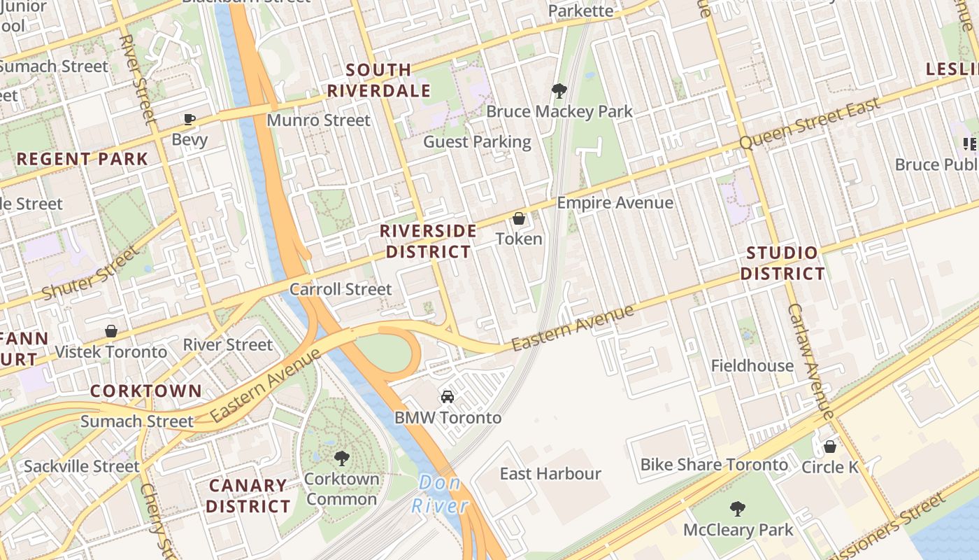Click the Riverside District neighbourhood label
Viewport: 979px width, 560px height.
[x=428, y=241]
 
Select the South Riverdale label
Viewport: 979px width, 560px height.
[x=378, y=80]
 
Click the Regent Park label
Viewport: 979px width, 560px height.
[x=83, y=159]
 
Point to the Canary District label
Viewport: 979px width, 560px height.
[x=248, y=495]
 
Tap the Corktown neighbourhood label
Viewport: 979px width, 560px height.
[x=146, y=391]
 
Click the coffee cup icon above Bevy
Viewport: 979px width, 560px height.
[x=190, y=119]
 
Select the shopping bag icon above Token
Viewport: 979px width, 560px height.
[x=519, y=219]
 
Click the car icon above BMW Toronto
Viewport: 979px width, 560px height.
[x=448, y=397]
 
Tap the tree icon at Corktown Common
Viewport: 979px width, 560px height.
[x=342, y=458]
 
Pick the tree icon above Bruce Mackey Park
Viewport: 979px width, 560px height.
[x=559, y=90]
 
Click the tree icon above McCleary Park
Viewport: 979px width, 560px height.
[x=737, y=509]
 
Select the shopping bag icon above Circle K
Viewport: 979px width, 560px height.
[x=830, y=446]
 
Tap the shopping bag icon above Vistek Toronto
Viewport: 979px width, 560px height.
[x=111, y=330]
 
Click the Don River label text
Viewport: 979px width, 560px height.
[x=439, y=493]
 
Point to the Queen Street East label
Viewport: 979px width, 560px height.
[x=809, y=124]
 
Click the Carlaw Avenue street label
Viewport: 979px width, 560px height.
[x=811, y=360]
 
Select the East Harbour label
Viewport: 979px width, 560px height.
[x=550, y=474]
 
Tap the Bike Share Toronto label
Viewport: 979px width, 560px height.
[x=714, y=465]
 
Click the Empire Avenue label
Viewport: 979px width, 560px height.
[x=615, y=203]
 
